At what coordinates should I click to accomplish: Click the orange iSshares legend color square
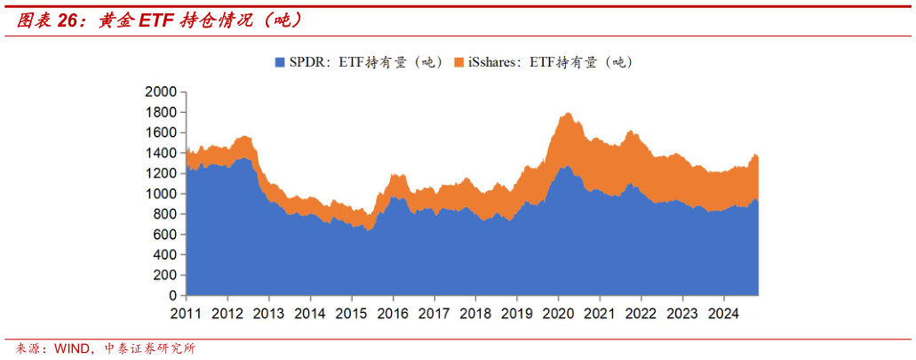[x=459, y=62]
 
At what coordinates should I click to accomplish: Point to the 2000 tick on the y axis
[x=160, y=92]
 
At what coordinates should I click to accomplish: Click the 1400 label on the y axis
[x=160, y=153]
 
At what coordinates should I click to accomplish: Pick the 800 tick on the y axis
[x=164, y=214]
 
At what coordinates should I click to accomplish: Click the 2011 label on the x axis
[x=187, y=313]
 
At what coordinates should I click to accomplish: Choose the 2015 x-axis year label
[x=351, y=313]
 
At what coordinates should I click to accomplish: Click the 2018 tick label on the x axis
[x=474, y=313]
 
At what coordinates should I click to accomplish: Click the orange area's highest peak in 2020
[x=566, y=114]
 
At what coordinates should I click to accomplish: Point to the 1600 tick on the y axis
[x=160, y=132]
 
